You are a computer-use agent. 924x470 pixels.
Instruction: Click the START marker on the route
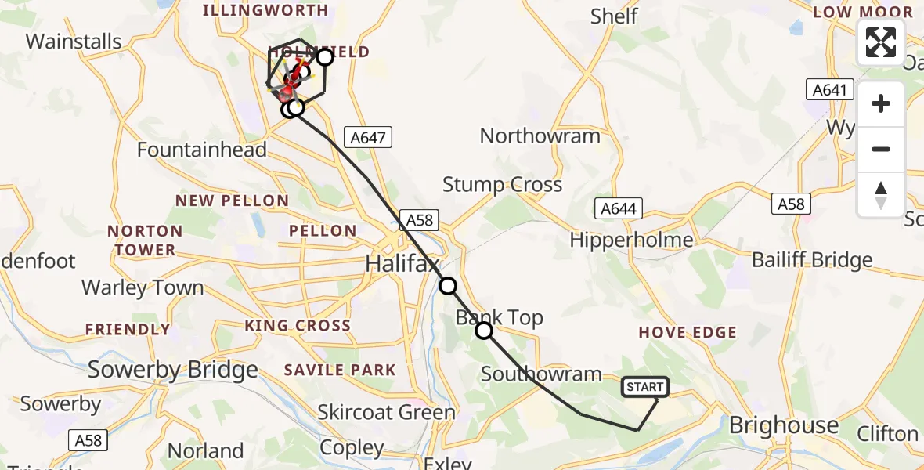point(645,386)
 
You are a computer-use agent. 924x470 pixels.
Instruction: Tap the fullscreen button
point(881,42)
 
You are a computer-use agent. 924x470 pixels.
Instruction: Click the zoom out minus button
point(881,149)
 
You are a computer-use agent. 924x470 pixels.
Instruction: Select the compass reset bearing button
point(881,195)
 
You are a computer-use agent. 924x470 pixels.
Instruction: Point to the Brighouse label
point(784,425)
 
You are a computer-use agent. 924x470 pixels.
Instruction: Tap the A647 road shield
point(368,138)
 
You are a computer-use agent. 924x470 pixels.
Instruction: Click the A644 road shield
point(619,208)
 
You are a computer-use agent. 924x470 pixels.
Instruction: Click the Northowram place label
point(540,136)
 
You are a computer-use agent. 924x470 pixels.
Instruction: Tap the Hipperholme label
point(632,240)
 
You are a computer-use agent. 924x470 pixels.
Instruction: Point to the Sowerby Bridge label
point(172,370)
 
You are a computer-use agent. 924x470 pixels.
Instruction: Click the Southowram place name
point(541,374)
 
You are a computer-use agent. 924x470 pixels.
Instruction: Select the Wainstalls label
point(74,41)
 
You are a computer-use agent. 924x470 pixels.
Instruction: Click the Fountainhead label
point(201,149)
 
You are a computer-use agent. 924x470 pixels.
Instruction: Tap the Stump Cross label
point(502,185)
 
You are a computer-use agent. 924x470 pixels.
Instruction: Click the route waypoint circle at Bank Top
point(484,331)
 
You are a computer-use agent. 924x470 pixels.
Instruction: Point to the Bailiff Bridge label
point(812,259)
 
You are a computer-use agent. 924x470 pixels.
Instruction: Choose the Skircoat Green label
point(386,412)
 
